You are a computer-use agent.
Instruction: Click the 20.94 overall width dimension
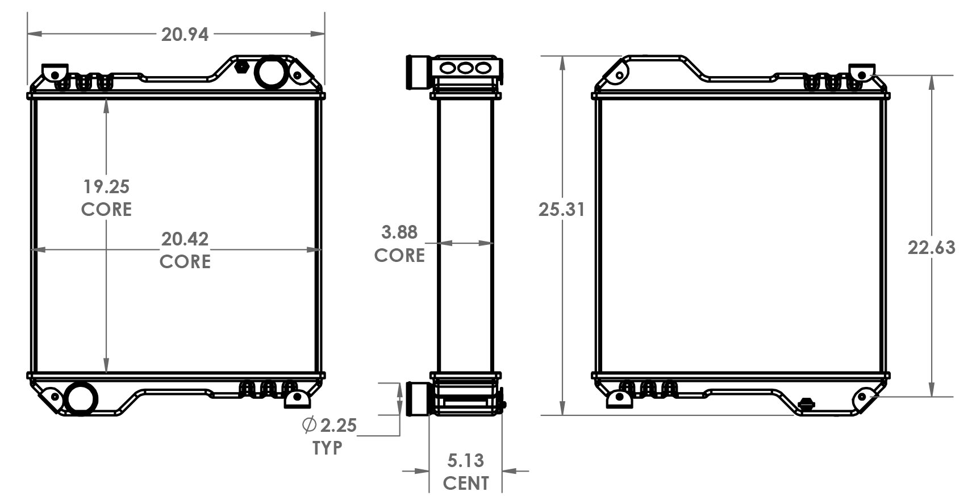185,35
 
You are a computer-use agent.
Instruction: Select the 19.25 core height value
106,186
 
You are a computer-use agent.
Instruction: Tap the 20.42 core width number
185,239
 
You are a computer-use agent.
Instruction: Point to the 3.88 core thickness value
399,232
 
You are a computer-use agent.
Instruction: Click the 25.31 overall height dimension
561,209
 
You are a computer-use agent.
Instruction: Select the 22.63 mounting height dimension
931,248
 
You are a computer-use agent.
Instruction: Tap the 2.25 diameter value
338,425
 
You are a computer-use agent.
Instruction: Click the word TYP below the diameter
327,448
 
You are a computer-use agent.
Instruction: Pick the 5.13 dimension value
465,460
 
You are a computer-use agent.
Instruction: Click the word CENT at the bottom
465,483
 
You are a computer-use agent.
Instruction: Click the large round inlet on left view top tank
270,72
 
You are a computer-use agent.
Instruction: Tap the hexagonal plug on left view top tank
241,66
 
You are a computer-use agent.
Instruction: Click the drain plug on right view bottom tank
806,404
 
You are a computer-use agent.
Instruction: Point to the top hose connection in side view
418,72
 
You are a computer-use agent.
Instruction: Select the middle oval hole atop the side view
465,68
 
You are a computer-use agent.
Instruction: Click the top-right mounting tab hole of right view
862,75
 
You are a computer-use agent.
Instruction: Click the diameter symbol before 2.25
309,424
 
